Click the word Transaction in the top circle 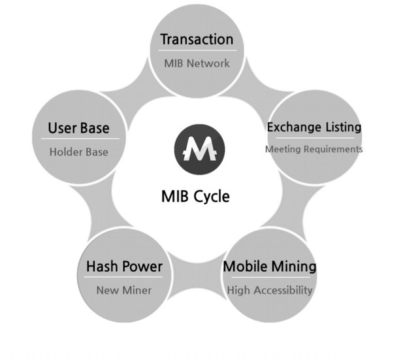pyautogui.click(x=197, y=39)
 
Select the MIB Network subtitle pyautogui.click(x=197, y=63)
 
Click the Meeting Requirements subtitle pyautogui.click(x=313, y=149)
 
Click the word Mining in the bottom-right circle pyautogui.click(x=294, y=267)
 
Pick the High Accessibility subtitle pyautogui.click(x=270, y=289)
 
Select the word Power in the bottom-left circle pyautogui.click(x=142, y=267)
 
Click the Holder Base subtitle pyautogui.click(x=78, y=152)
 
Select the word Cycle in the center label pyautogui.click(x=212, y=196)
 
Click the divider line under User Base pyautogui.click(x=79, y=139)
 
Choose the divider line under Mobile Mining pyautogui.click(x=270, y=278)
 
